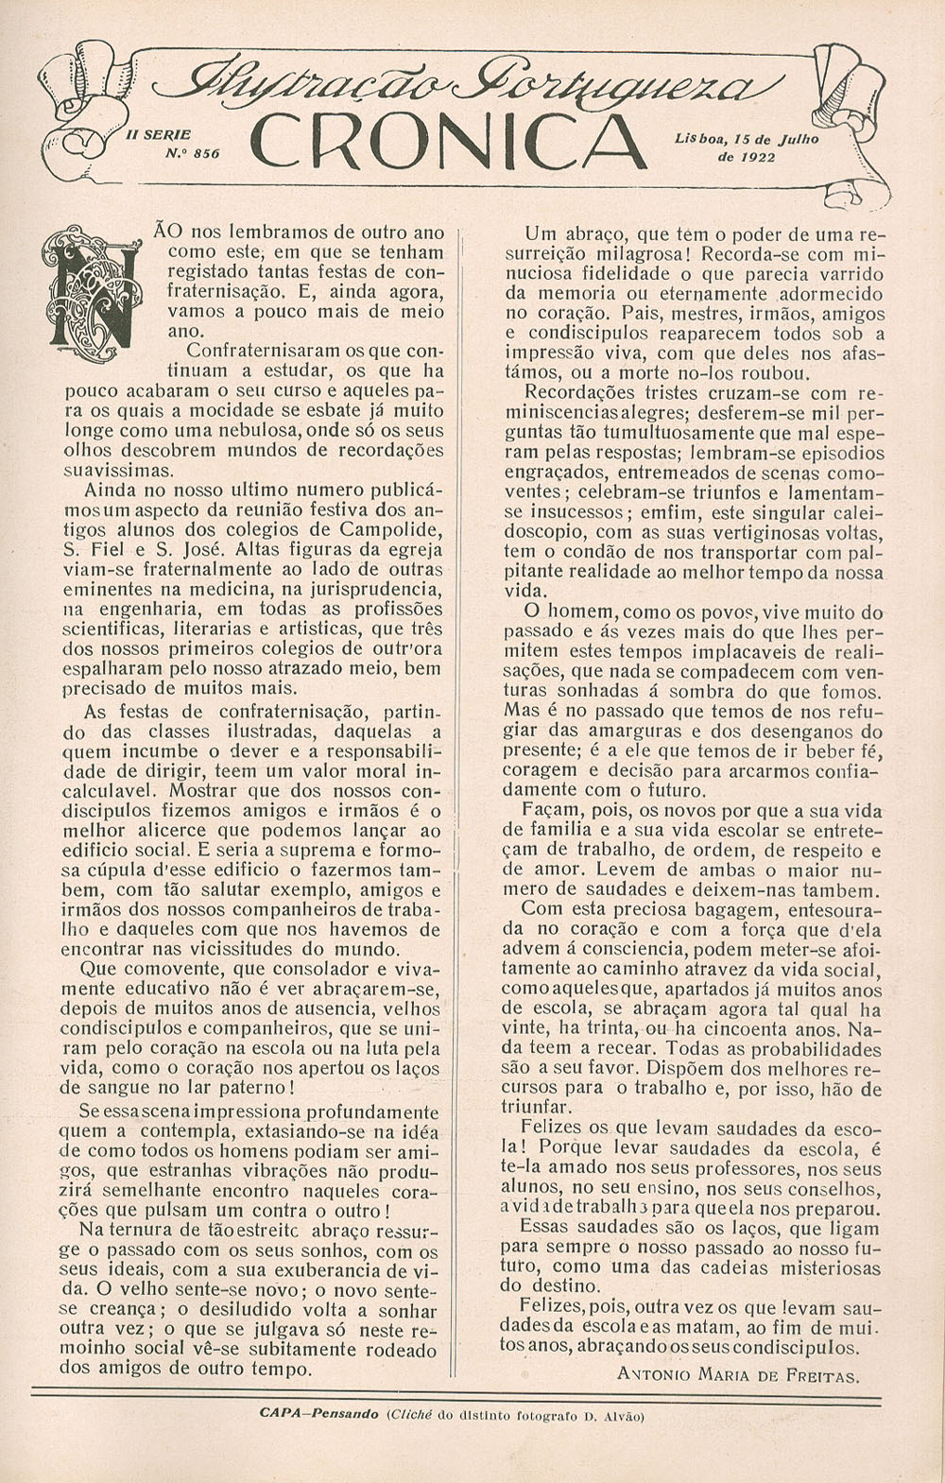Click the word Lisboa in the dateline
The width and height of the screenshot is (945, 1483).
pos(700,138)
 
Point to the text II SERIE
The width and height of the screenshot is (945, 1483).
pos(159,135)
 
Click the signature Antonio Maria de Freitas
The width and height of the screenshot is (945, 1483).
pos(738,1375)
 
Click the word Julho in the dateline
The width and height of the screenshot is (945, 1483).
pos(796,138)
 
